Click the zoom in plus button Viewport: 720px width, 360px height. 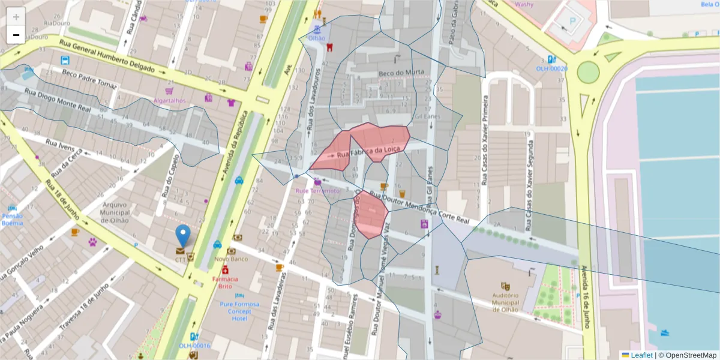coord(16,17)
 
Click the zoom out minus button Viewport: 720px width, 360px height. coord(16,35)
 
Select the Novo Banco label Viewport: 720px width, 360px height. coord(231,259)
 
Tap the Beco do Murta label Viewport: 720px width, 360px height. coord(401,73)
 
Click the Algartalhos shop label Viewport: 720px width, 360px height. coord(169,101)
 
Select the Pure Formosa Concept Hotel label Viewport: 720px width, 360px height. coord(239,311)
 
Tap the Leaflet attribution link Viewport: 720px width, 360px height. coord(641,355)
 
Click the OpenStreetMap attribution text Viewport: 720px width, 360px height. coord(687,355)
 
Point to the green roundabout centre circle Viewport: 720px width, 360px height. coord(588,72)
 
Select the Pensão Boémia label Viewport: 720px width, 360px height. coord(13,220)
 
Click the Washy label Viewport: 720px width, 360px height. coord(524,4)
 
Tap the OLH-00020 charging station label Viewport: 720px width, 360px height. coord(551,68)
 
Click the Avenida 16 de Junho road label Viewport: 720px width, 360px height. coord(581,294)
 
